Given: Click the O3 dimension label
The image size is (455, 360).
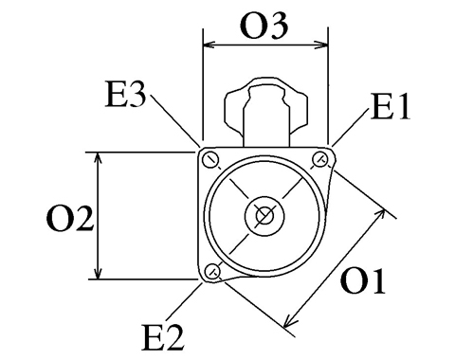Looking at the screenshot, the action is pyautogui.click(x=264, y=27).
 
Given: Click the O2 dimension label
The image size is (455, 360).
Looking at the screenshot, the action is pyautogui.click(x=70, y=219).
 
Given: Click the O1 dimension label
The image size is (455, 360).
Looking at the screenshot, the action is pyautogui.click(x=363, y=281).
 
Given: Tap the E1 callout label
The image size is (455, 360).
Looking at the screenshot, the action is pyautogui.click(x=391, y=106).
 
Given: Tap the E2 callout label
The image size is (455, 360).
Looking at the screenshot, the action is pyautogui.click(x=163, y=337).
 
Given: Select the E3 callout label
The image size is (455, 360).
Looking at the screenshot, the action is pyautogui.click(x=126, y=95).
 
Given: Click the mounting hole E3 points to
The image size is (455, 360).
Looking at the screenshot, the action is pyautogui.click(x=210, y=159).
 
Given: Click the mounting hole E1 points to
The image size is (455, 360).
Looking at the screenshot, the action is pyautogui.click(x=319, y=159).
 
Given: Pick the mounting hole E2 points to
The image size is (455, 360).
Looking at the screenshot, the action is pyautogui.click(x=212, y=270).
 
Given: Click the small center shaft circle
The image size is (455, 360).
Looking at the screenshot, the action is pyautogui.click(x=264, y=215).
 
